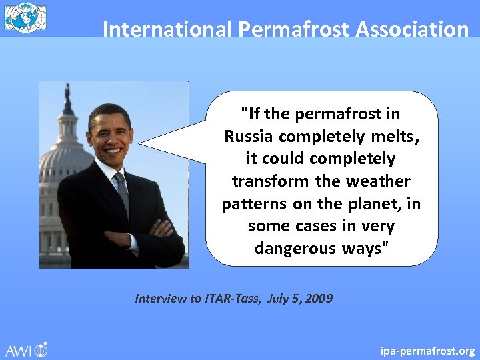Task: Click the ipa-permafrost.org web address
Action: pyautogui.click(x=427, y=351)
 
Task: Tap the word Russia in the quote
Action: pyautogui.click(x=249, y=137)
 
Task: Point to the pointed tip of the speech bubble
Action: pyautogui.click(x=141, y=143)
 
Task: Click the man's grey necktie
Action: pyautogui.click(x=122, y=189)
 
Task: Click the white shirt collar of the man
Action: pyautogui.click(x=107, y=167)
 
